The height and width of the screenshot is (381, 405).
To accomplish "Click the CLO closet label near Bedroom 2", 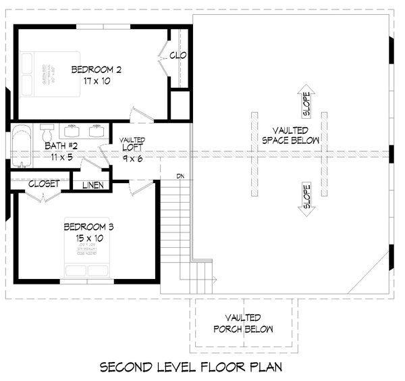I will coord(178,55).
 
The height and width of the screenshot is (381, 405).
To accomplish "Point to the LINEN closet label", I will coord(94,184).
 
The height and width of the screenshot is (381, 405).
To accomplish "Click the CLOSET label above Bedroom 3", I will coord(44,183).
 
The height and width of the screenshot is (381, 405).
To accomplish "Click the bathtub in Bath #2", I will coord(21,146).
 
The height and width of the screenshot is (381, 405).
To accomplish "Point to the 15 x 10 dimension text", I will coord(89,238).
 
